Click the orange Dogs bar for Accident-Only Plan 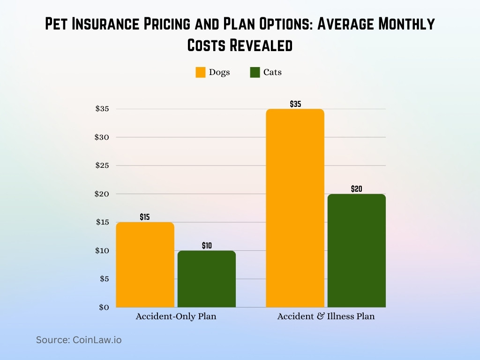click(x=145, y=265)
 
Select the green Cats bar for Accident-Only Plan click(x=207, y=279)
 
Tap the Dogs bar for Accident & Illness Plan click(x=295, y=208)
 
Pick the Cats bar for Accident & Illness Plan click(x=357, y=251)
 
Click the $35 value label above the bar click(x=295, y=104)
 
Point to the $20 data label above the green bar click(x=357, y=189)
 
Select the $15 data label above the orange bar click(x=145, y=217)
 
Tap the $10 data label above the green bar click(x=207, y=246)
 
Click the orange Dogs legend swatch click(x=201, y=73)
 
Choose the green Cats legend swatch click(x=255, y=73)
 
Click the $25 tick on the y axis click(x=102, y=165)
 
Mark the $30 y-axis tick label click(x=102, y=137)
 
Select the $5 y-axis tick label click(x=104, y=279)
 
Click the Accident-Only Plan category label click(x=176, y=316)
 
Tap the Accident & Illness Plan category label click(x=326, y=316)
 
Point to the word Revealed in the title click(x=265, y=45)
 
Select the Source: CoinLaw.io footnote click(x=79, y=340)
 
